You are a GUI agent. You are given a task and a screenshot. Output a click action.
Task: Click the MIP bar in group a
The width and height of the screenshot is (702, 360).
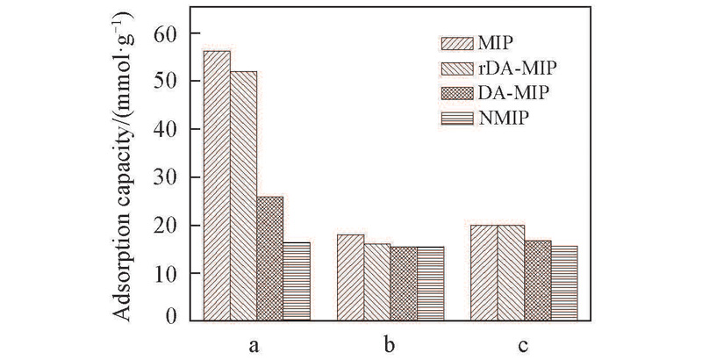217,185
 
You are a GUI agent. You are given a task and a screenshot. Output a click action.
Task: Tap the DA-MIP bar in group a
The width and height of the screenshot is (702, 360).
270,258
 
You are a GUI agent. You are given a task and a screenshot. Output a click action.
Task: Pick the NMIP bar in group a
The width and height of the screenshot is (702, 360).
297,281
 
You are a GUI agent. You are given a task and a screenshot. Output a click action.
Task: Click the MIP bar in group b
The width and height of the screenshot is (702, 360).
351,277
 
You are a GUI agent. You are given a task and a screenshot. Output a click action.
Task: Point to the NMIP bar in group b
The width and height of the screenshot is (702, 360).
430,284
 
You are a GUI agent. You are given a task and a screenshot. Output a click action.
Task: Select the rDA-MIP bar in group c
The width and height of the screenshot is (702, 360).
511,273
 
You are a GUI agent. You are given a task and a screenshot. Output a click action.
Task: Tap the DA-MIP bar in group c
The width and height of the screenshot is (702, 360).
538,280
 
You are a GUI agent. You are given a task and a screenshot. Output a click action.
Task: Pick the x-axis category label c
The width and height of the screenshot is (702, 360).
523,345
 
